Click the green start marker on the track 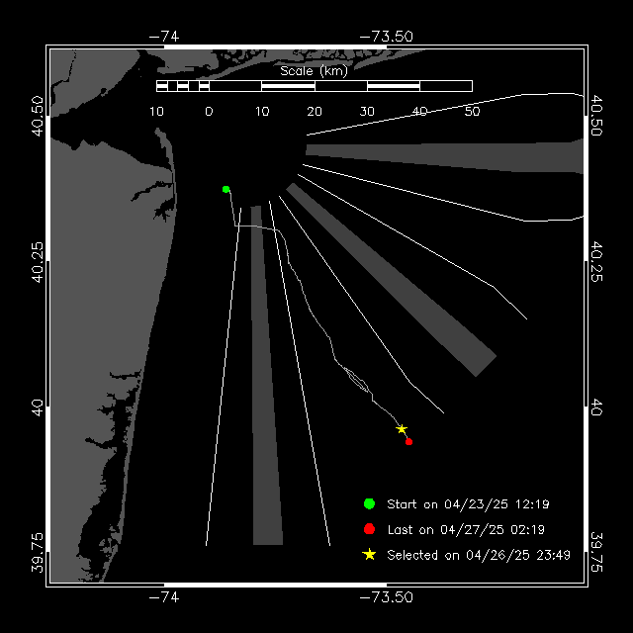coord(226,189)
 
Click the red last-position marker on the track coord(408,441)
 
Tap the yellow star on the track coord(402,429)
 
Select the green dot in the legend coord(370,503)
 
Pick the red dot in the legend coord(370,529)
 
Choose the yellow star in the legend coord(370,555)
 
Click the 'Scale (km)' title coord(314,70)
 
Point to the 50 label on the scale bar coord(472,111)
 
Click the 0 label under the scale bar coord(209,111)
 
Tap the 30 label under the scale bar coord(367,111)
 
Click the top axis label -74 coord(163,37)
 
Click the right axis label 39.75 coord(596,546)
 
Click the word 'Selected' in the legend coord(413,556)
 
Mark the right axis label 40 coord(596,407)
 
